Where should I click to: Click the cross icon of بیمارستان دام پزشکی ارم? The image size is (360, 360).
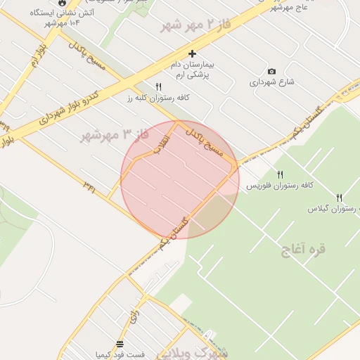coord(193,53)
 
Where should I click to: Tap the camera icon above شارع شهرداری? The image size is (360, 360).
coord(272,71)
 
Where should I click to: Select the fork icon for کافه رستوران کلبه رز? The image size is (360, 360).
coord(159,86)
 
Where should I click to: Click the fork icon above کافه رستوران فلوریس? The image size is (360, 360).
coord(280,174)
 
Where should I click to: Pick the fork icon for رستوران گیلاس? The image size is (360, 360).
coord(340,198)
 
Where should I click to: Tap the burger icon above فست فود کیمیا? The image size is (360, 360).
coord(120,345)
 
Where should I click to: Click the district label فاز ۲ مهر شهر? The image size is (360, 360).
coord(196,26)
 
